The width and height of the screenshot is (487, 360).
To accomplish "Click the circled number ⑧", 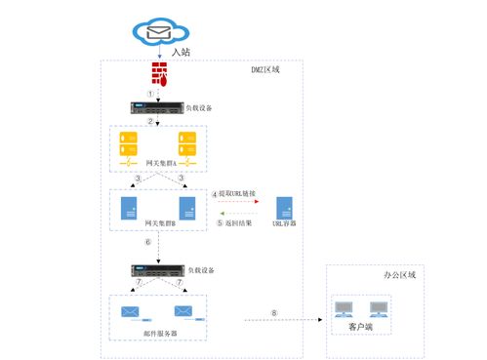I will pyautogui.click(x=274, y=313).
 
